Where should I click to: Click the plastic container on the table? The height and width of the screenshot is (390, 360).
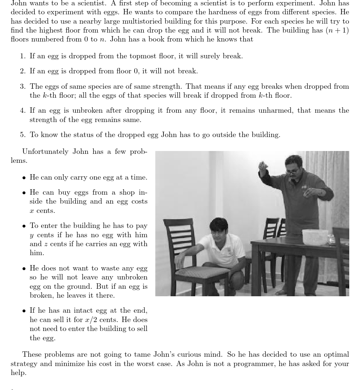click(315, 237)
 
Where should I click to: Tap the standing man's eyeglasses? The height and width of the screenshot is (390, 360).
click(293, 171)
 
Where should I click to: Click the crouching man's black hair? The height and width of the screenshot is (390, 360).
click(218, 224)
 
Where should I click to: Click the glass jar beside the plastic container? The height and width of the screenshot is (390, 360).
click(331, 239)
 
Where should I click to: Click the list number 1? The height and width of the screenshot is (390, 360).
click(23, 56)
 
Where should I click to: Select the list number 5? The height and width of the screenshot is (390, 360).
click(23, 135)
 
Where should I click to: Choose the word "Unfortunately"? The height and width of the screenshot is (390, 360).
click(45, 152)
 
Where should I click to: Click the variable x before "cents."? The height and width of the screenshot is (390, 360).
click(32, 211)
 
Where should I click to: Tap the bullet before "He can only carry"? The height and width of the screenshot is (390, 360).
click(24, 178)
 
